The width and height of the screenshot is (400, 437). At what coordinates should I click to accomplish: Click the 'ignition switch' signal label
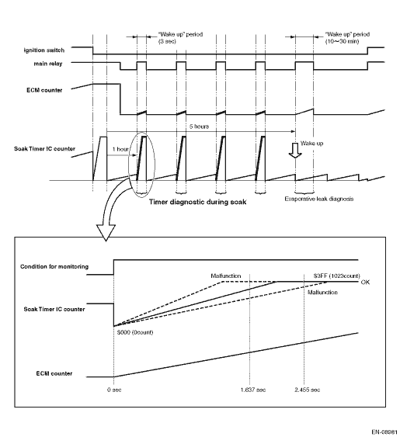click(44, 50)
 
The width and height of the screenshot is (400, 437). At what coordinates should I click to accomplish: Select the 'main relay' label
click(48, 64)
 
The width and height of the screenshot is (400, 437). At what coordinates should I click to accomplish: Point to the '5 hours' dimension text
click(199, 127)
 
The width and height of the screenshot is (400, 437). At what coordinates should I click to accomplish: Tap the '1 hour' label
click(120, 149)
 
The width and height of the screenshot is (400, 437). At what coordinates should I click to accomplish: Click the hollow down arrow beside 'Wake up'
click(295, 151)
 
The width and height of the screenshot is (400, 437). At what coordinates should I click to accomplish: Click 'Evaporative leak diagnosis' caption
click(319, 199)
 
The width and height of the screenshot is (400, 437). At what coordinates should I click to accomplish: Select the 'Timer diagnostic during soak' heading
click(197, 202)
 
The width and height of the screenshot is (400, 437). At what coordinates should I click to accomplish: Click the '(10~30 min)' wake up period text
click(342, 41)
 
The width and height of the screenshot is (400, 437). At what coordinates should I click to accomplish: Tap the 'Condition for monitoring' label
click(54, 267)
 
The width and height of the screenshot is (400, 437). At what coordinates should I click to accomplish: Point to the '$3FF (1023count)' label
click(336, 276)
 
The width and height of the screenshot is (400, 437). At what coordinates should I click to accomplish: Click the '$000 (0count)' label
click(135, 332)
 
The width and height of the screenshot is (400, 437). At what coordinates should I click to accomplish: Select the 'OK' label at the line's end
click(365, 283)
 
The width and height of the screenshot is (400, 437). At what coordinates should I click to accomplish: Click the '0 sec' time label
click(114, 390)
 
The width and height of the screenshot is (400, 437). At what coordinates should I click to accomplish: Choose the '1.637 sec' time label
click(253, 390)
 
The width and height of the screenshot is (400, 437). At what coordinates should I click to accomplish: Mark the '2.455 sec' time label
click(307, 390)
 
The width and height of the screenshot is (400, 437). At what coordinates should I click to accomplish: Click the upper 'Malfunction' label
click(226, 276)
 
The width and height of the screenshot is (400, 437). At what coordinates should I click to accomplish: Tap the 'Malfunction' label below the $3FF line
click(322, 293)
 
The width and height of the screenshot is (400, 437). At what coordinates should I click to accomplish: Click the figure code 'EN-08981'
click(384, 432)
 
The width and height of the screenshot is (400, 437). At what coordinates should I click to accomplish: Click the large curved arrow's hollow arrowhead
click(106, 232)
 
